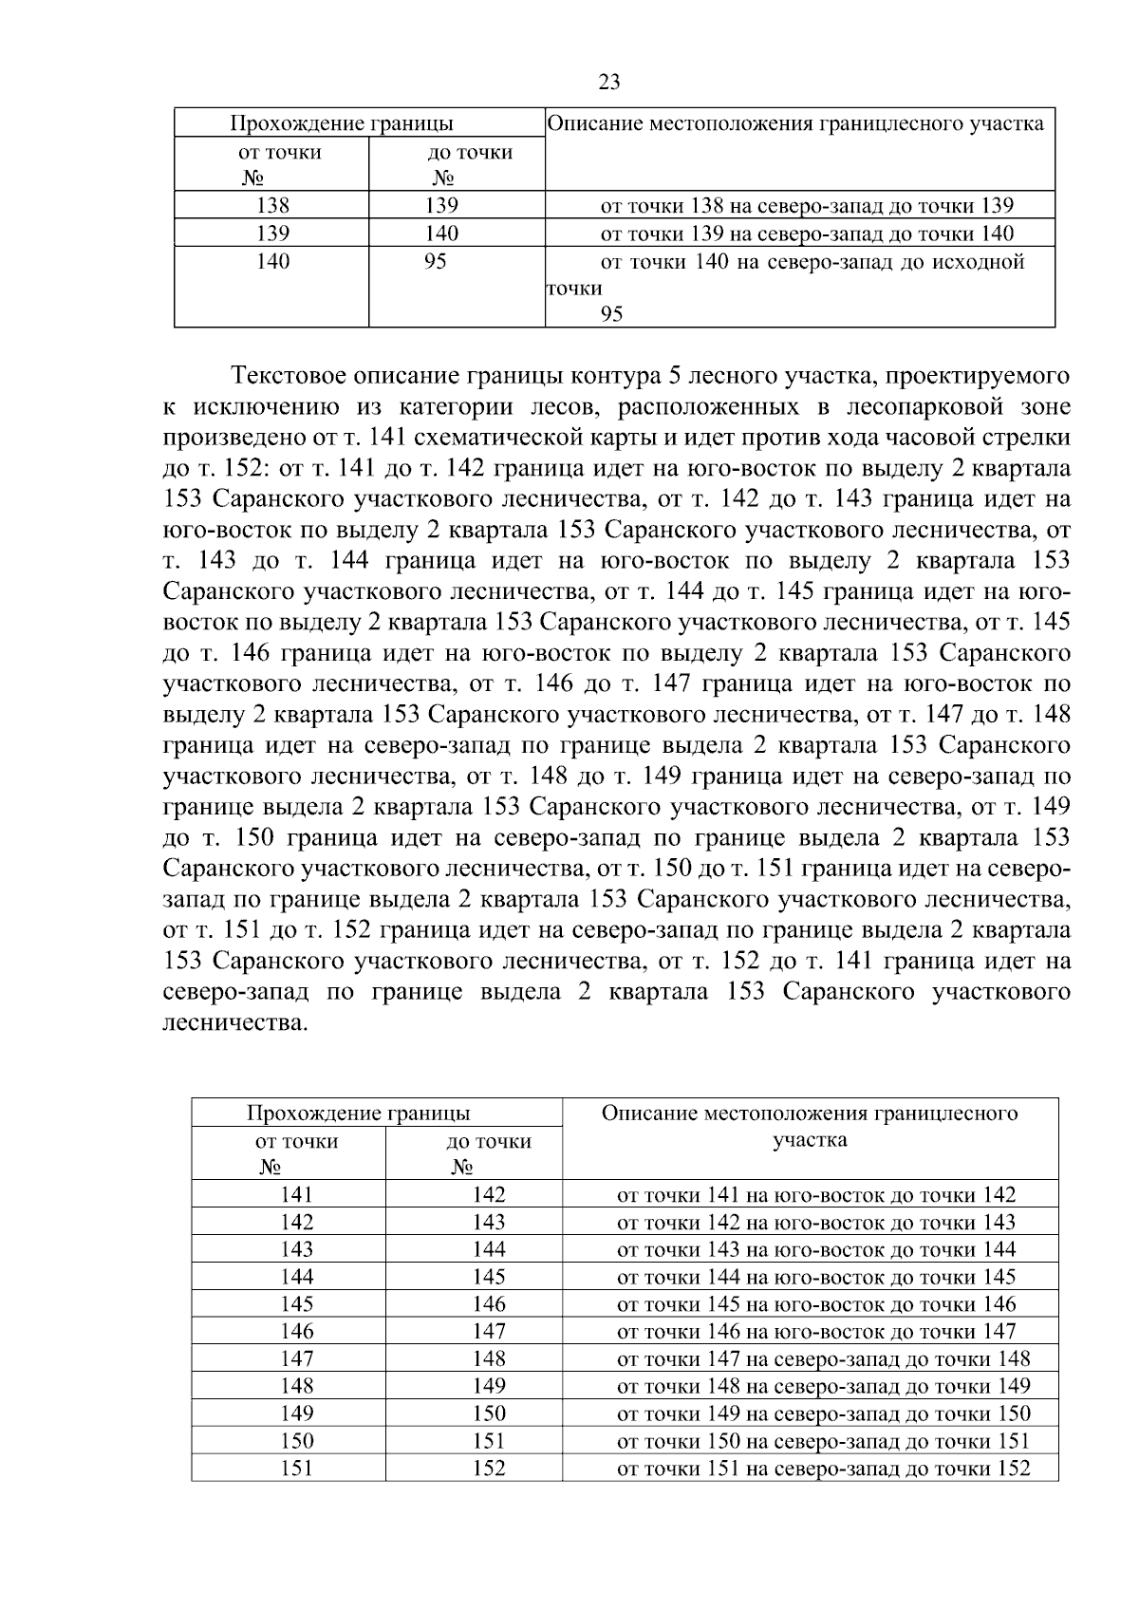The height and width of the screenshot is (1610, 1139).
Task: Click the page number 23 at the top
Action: click(609, 83)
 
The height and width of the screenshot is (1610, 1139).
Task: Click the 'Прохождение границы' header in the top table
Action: click(342, 123)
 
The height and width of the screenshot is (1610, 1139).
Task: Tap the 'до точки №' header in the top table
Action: click(471, 164)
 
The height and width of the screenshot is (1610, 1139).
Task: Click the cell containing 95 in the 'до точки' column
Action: click(436, 262)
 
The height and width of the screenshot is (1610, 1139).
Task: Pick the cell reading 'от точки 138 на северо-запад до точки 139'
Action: click(807, 206)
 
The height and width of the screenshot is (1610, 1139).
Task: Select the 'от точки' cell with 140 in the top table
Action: click(273, 262)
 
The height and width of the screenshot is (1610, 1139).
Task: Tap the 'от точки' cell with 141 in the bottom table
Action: click(297, 1195)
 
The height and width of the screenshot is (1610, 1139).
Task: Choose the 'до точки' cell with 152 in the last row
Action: click(489, 1469)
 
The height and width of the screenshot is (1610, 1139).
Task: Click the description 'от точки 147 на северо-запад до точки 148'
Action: click(823, 1359)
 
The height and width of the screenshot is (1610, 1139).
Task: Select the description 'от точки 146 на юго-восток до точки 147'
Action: click(816, 1332)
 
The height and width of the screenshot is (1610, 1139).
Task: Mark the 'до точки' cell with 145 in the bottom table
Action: click(489, 1277)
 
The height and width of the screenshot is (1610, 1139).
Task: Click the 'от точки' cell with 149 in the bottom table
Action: click(297, 1413)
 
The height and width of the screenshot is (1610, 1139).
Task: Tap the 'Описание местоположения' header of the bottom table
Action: click(810, 1126)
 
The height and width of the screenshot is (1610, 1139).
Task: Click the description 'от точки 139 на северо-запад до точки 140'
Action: click(807, 234)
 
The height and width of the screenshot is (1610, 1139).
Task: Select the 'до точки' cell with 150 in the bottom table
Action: click(489, 1413)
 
